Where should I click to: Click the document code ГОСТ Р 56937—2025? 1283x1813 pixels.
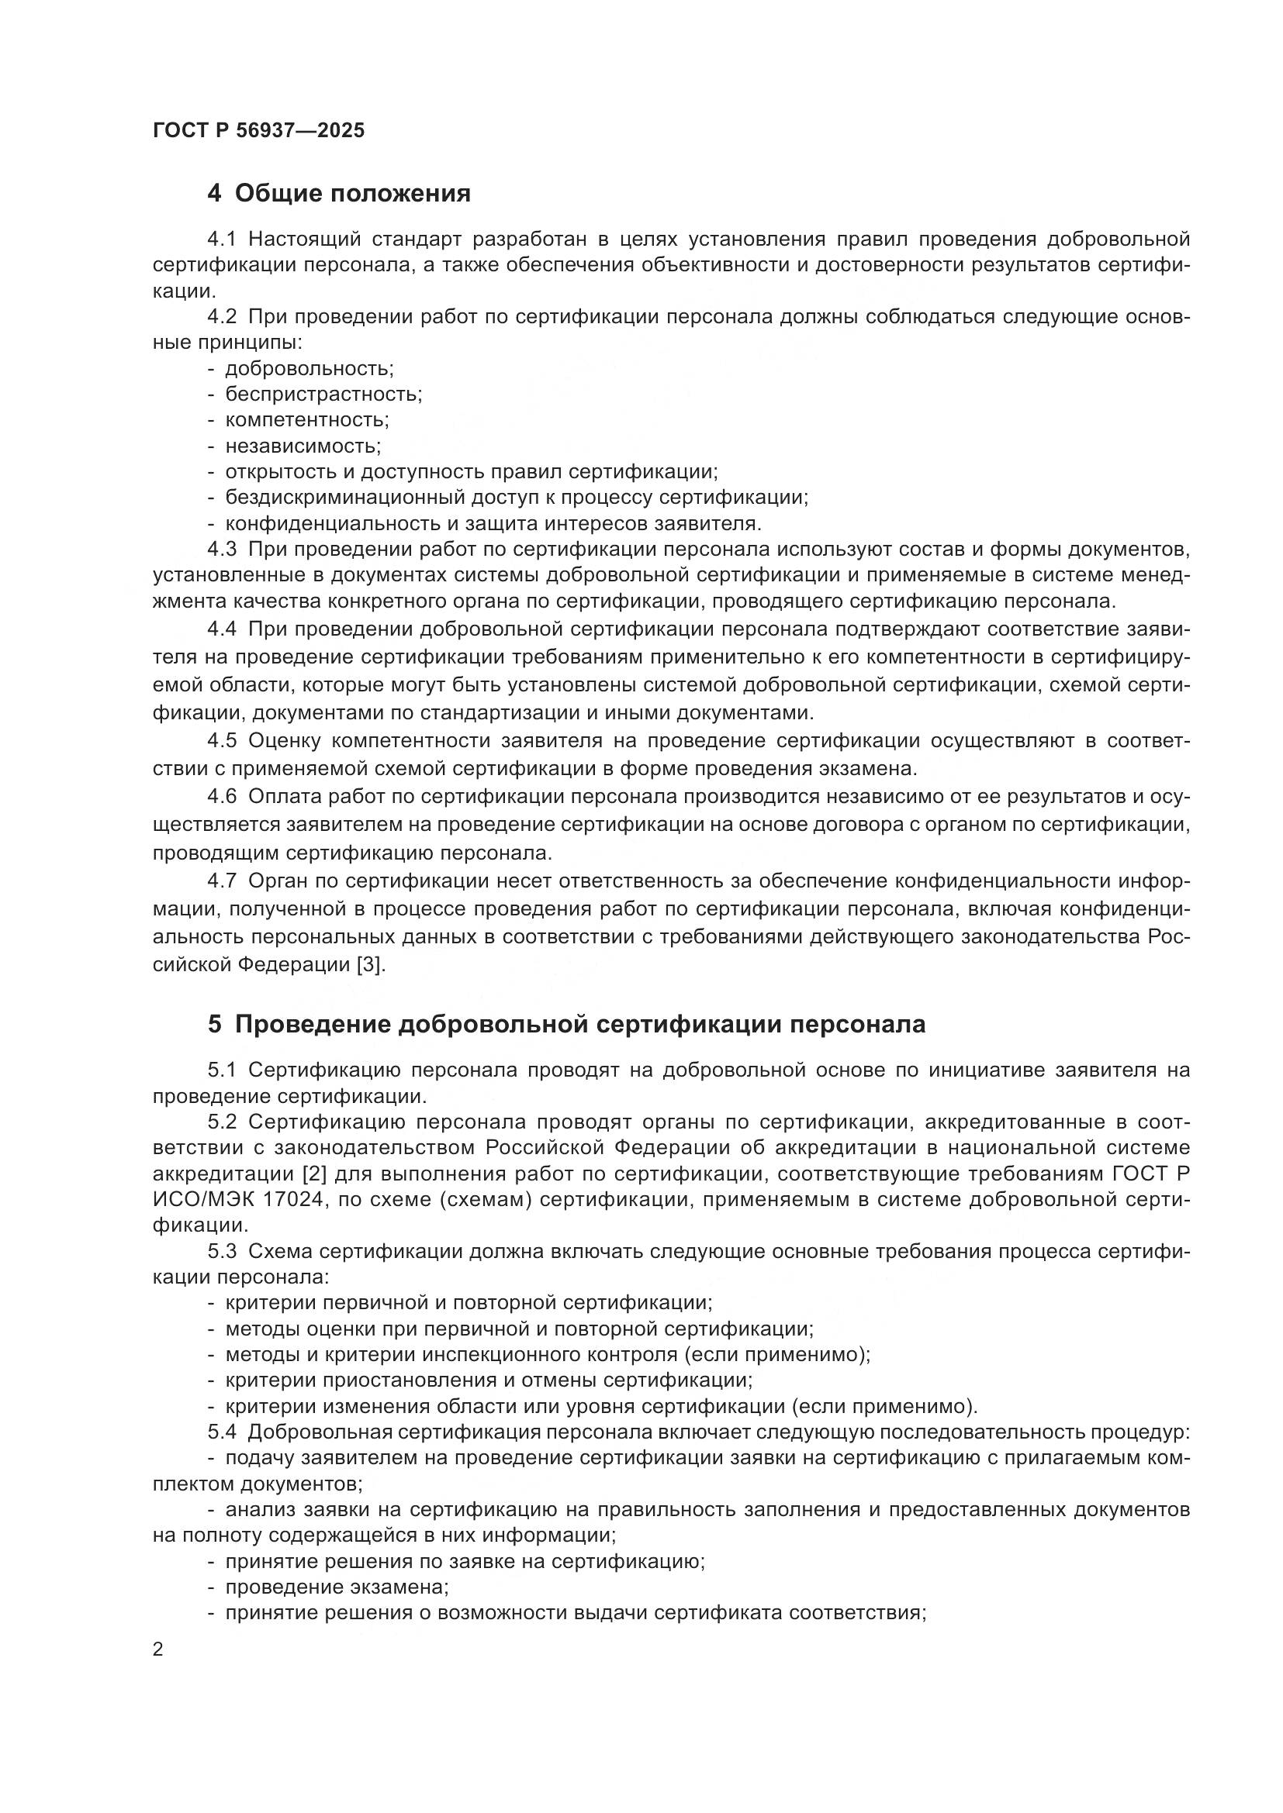pos(258,130)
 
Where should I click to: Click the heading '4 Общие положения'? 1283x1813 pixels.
pos(339,193)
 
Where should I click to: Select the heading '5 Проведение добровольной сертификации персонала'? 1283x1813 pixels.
pos(566,1024)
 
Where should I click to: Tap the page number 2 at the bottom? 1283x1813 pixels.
pos(158,1649)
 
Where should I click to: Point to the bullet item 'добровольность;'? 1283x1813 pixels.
pos(309,368)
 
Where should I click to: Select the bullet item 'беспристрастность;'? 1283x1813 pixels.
pos(323,394)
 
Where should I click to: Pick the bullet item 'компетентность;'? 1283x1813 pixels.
pos(306,419)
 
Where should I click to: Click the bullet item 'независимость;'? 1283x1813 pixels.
pos(303,446)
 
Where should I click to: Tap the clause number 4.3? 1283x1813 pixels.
pos(222,549)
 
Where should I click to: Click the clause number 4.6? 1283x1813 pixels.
pos(222,797)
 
